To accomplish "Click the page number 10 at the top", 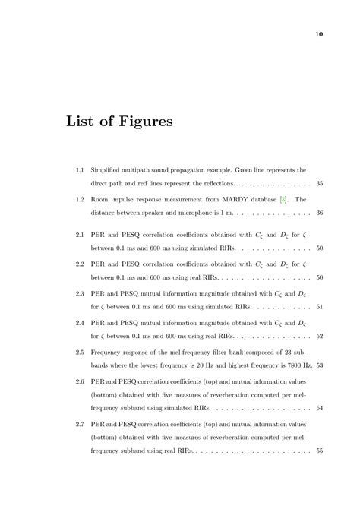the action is click(x=319, y=33).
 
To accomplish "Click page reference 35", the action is click(x=319, y=184).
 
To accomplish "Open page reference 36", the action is click(x=319, y=213).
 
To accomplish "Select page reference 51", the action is click(x=319, y=307).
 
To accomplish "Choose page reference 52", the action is click(x=319, y=336).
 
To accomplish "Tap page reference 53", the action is click(x=319, y=365).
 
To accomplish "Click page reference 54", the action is click(x=319, y=409).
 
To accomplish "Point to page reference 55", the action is click(x=319, y=452).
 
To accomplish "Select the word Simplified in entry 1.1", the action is click(x=107, y=169).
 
